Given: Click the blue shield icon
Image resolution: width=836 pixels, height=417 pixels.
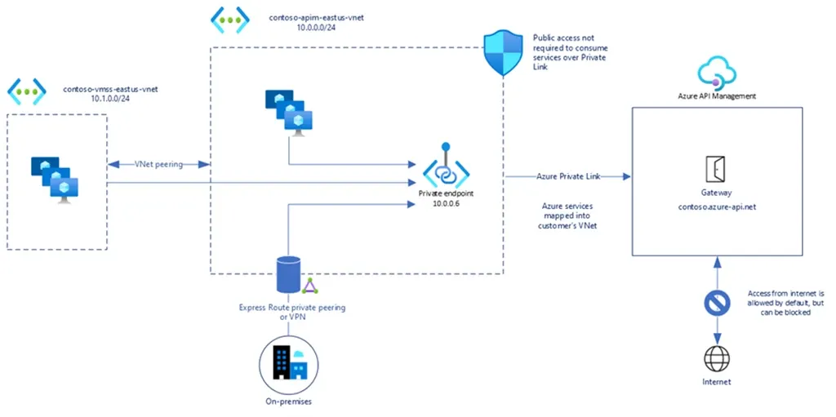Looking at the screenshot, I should pos(503,53).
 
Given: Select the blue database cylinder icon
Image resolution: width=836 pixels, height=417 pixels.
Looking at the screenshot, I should pos(287,274).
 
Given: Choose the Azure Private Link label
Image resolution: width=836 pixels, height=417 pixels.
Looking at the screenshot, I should pos(564,175).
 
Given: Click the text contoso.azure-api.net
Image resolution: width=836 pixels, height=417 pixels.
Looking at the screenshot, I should pos(717,206).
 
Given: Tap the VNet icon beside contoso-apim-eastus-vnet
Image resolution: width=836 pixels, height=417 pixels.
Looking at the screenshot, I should pos(229,20).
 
